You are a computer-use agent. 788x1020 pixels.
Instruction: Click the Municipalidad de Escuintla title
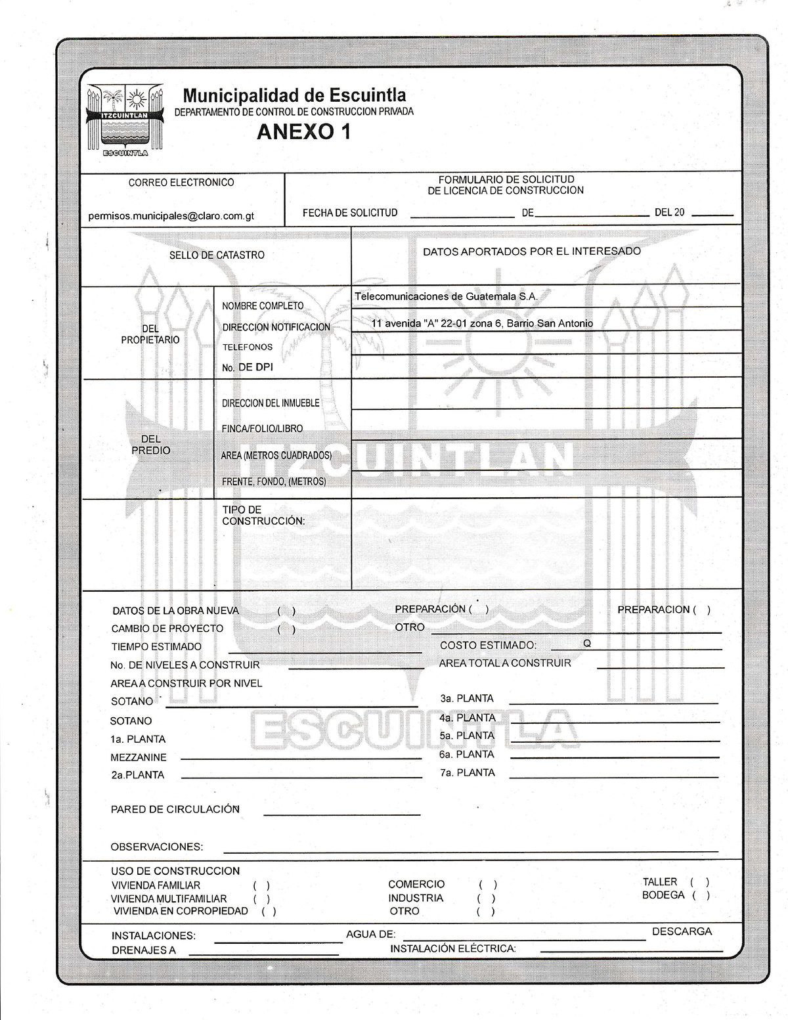294,96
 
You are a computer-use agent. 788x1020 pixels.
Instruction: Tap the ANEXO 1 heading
303,132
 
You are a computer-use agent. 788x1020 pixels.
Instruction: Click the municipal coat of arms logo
125,120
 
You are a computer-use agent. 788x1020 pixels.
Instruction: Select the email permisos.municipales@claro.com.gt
171,216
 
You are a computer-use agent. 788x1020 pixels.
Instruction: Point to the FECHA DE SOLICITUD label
350,213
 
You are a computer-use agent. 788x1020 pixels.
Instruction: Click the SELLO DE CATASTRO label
217,255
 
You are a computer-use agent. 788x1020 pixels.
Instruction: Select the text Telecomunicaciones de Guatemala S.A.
446,296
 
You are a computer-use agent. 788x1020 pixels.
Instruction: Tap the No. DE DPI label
247,367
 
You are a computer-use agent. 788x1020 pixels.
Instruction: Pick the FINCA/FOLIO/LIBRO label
262,429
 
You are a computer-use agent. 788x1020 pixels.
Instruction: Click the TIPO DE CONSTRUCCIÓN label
263,515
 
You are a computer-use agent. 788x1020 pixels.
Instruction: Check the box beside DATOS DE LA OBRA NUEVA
286,611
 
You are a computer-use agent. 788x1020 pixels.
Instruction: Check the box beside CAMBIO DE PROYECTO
286,629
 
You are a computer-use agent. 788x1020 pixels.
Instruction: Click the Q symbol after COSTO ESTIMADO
587,644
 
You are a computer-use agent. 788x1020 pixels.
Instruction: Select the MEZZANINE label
139,757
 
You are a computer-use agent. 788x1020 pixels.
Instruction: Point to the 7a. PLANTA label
468,772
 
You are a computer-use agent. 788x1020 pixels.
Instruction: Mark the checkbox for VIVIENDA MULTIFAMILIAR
261,899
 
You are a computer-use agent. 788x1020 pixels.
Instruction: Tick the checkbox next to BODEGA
701,895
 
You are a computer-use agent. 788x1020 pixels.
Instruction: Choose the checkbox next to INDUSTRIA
487,898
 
